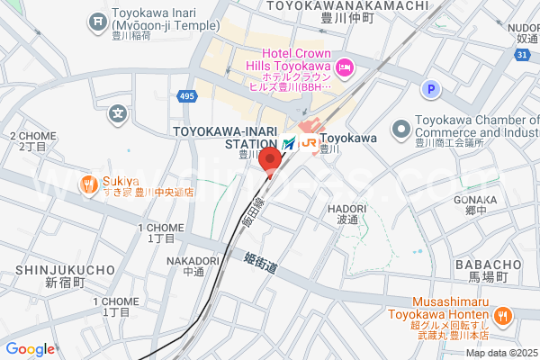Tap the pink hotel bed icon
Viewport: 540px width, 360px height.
pos(343,67)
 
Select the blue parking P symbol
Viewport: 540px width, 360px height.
pos(431,89)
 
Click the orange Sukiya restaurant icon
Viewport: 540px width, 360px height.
pos(87,185)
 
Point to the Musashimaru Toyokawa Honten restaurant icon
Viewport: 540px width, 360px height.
pos(502,315)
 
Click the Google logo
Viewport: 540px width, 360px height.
pos(30,349)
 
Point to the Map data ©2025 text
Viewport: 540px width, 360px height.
pos(500,353)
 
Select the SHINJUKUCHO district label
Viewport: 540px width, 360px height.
pos(65,269)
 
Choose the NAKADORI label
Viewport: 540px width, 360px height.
pos(193,261)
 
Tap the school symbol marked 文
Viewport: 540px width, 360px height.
pos(118,114)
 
